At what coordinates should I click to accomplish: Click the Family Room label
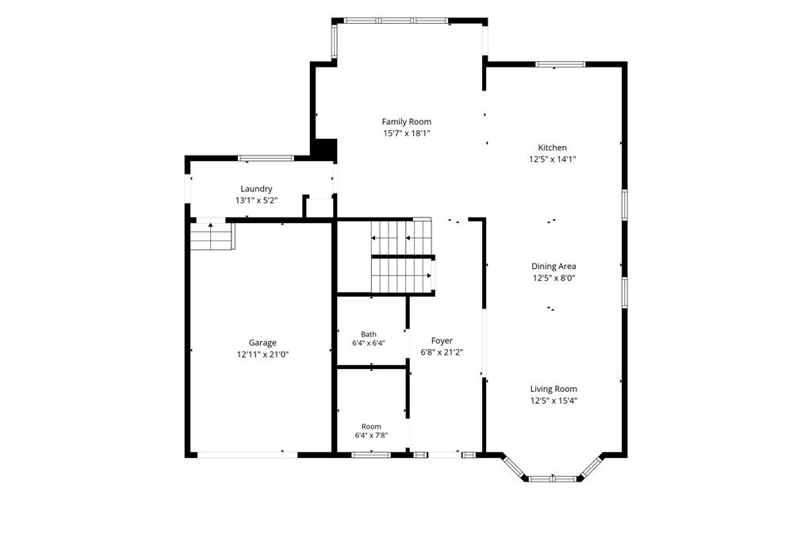pyautogui.click(x=407, y=121)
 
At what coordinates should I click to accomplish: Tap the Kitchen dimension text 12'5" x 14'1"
pyautogui.click(x=553, y=159)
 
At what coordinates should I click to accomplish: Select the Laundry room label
pyautogui.click(x=256, y=189)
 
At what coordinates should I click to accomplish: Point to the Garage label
pyautogui.click(x=262, y=343)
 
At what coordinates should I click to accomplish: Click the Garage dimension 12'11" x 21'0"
pyautogui.click(x=262, y=355)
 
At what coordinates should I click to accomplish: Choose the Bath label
pyautogui.click(x=369, y=335)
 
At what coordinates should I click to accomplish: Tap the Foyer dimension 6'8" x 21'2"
pyautogui.click(x=442, y=353)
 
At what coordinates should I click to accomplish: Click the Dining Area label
pyautogui.click(x=553, y=267)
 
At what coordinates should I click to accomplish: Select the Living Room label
pyautogui.click(x=553, y=389)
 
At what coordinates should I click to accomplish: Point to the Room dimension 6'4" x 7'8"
pyautogui.click(x=371, y=436)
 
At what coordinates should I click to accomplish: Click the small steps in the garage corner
pyautogui.click(x=213, y=236)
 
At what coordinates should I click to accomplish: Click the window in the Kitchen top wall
pyautogui.click(x=561, y=64)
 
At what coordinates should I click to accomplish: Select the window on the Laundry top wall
pyautogui.click(x=266, y=158)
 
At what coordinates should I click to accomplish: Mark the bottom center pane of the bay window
pyautogui.click(x=553, y=478)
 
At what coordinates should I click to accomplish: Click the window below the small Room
pyautogui.click(x=371, y=455)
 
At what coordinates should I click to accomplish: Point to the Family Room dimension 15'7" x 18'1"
pyautogui.click(x=407, y=133)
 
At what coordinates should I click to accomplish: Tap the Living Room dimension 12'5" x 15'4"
pyautogui.click(x=553, y=401)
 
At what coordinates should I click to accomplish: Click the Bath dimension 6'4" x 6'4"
pyautogui.click(x=369, y=343)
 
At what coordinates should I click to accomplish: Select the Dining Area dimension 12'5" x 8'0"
pyautogui.click(x=553, y=279)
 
